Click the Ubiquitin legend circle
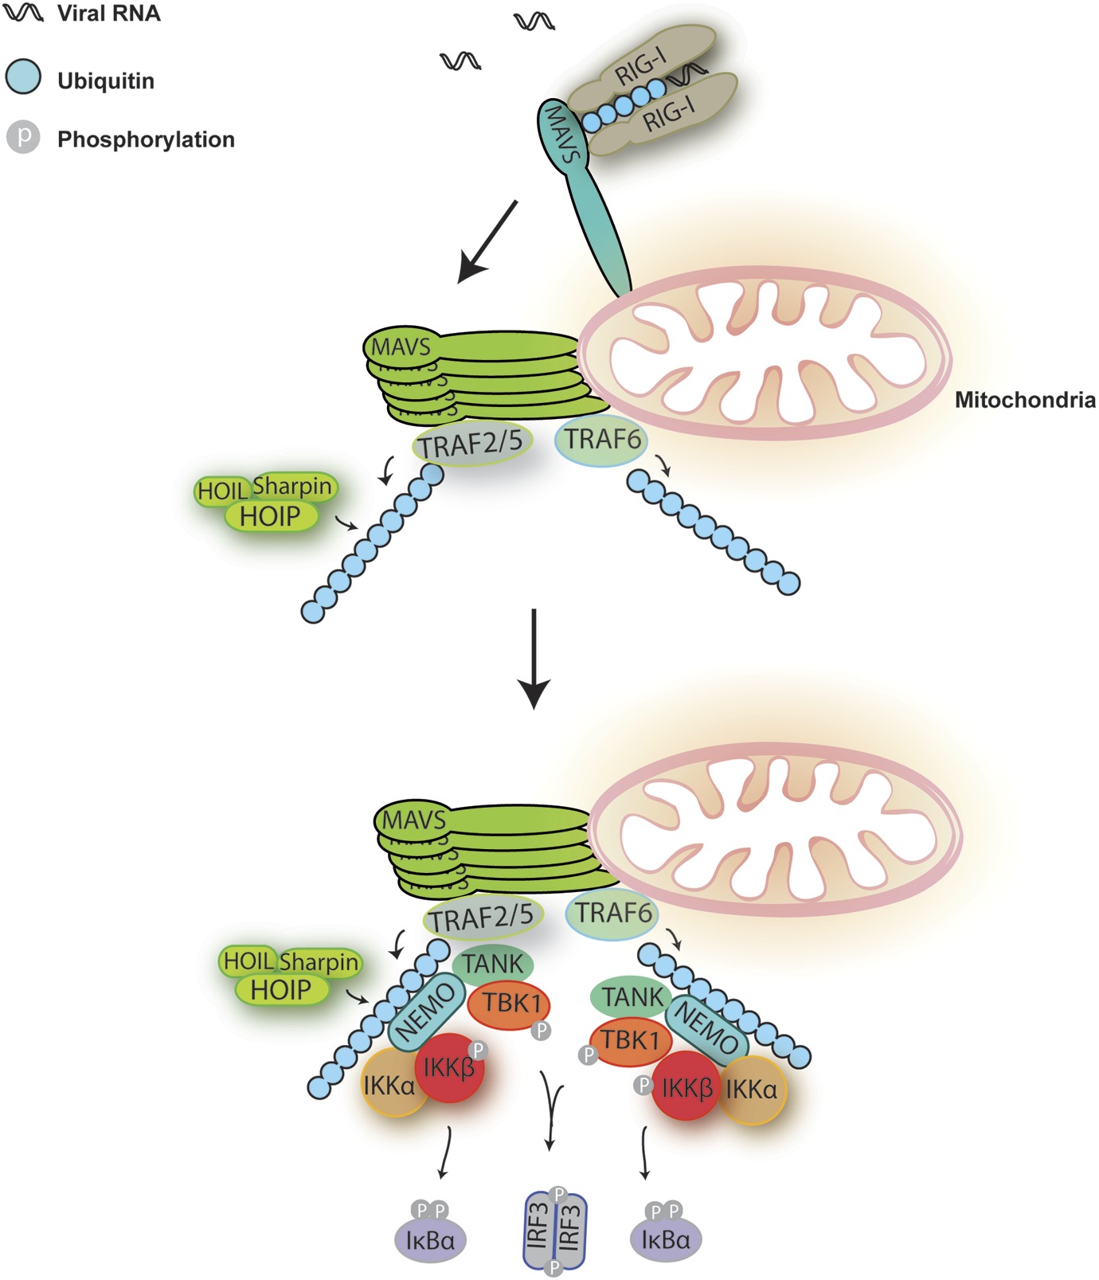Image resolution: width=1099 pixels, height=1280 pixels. tap(23, 77)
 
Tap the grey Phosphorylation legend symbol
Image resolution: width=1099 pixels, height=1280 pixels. tap(23, 137)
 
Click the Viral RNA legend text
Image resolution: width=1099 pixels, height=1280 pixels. tap(108, 14)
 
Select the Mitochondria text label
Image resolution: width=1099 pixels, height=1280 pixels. tap(1024, 399)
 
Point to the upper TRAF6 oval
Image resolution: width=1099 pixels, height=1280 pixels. tap(601, 439)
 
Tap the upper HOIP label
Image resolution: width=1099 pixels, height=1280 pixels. tap(270, 516)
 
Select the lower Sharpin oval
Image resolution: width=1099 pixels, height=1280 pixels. tap(319, 962)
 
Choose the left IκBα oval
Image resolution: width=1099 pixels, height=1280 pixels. tap(430, 1239)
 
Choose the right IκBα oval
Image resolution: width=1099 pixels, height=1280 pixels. tap(665, 1239)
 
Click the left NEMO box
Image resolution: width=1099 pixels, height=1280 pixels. tap(426, 1012)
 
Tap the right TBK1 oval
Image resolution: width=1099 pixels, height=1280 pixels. tap(630, 1040)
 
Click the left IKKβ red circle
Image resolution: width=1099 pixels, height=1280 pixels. tap(449, 1068)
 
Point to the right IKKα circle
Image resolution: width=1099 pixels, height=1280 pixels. tap(752, 1089)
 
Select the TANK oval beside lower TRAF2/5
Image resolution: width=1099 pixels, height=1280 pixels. tap(493, 964)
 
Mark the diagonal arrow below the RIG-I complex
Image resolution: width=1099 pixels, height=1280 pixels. tap(488, 241)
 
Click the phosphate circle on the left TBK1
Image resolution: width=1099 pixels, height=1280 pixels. tap(541, 1031)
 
